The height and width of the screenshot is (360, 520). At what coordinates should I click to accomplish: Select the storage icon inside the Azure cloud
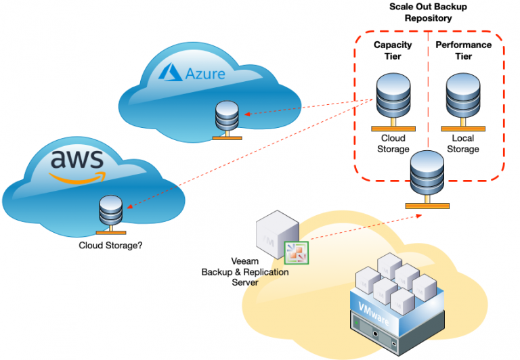pyautogui.click(x=226, y=120)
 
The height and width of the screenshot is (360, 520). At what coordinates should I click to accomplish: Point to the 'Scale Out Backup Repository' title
pyautogui.click(x=428, y=12)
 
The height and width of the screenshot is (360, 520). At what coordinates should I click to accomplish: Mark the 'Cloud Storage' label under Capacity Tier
pyautogui.click(x=393, y=143)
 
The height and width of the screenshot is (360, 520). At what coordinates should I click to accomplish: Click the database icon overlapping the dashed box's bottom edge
pyautogui.click(x=427, y=175)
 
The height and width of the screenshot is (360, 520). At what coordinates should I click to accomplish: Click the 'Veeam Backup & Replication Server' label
pyautogui.click(x=245, y=272)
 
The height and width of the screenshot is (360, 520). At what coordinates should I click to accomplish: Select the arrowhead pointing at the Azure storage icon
pyautogui.click(x=247, y=114)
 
